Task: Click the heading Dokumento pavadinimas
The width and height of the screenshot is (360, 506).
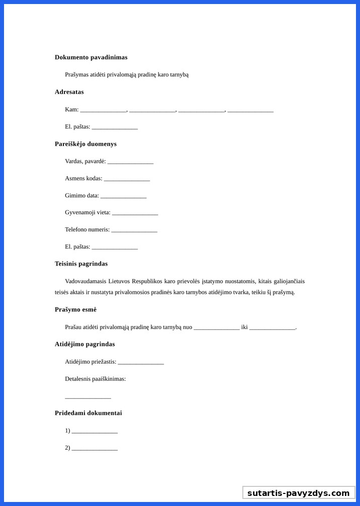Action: tap(91, 57)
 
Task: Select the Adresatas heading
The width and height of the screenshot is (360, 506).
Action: tap(69, 92)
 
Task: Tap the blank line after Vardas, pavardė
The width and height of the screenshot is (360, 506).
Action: tap(130, 162)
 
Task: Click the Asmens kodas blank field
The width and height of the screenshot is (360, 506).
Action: tap(127, 179)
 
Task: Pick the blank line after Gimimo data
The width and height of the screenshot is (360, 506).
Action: tap(123, 196)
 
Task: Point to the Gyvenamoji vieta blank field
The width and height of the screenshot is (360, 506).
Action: tap(135, 213)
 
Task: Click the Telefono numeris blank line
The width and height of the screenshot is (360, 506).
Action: tap(134, 230)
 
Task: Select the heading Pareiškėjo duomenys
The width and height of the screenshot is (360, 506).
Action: tap(85, 144)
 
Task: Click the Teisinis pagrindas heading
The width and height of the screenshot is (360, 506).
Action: tap(81, 264)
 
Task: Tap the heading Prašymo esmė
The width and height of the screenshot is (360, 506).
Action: tap(75, 309)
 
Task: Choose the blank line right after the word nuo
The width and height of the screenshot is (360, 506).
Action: tap(217, 328)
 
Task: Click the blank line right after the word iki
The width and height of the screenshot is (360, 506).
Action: tap(272, 328)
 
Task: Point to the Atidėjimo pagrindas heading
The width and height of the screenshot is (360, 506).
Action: tap(84, 344)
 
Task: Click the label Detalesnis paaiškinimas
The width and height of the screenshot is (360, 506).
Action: tap(95, 379)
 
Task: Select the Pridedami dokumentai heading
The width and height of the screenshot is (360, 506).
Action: tap(88, 413)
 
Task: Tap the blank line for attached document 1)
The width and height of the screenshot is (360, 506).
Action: tap(95, 432)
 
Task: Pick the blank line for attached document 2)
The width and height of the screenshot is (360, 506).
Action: tap(95, 449)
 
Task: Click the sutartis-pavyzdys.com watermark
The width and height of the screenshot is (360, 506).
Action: tap(299, 493)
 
